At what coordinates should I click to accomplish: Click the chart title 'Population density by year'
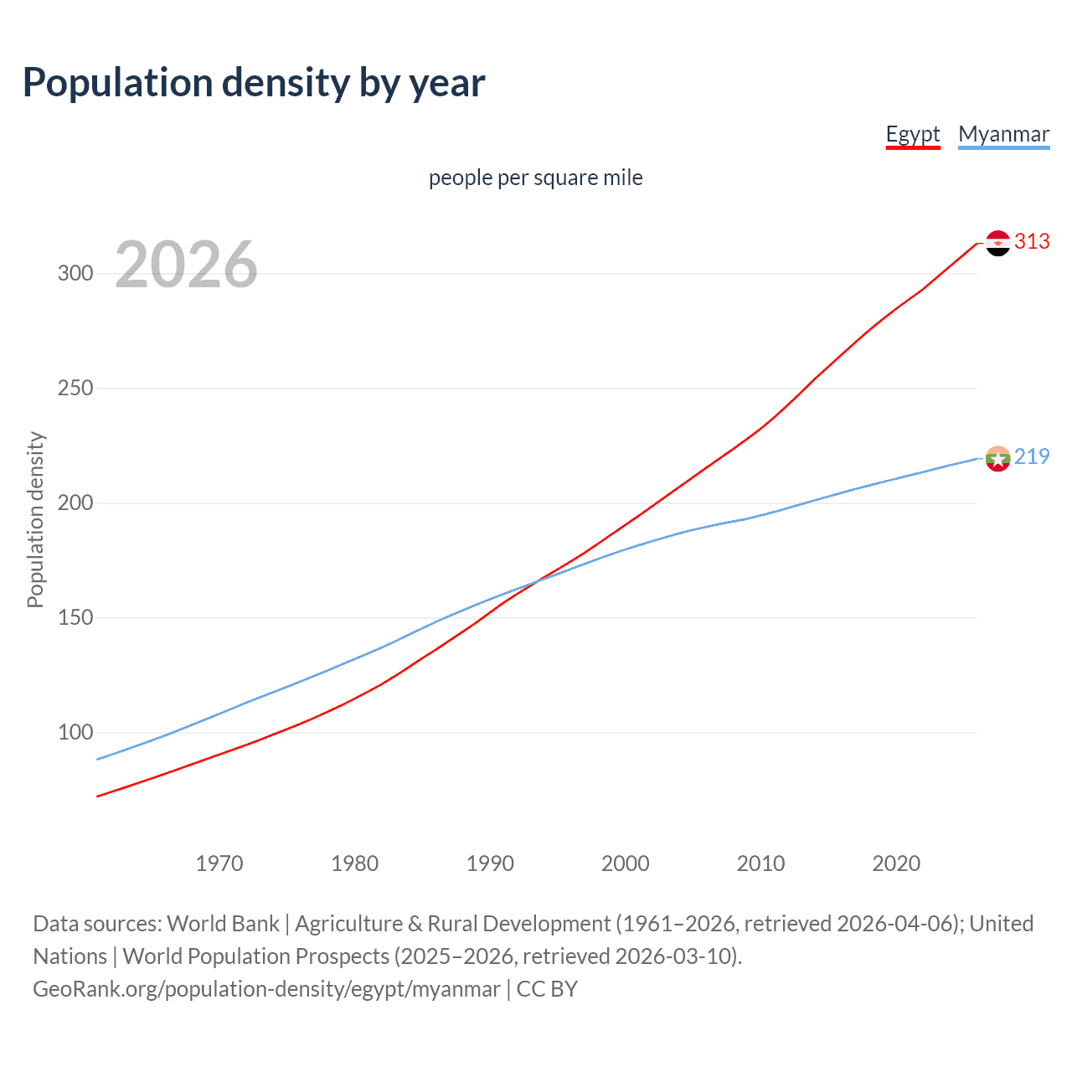point(254,83)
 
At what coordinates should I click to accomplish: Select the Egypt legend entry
point(913,134)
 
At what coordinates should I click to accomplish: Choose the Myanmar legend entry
point(1003,134)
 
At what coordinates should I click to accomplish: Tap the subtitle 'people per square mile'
point(535,178)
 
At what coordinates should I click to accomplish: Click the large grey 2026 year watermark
point(186,265)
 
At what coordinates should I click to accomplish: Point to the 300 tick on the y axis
point(75,274)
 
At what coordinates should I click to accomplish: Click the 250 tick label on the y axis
point(75,389)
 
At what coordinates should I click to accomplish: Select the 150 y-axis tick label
point(75,618)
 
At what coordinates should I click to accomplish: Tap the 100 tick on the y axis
point(75,733)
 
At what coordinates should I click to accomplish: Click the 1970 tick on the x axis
point(219,863)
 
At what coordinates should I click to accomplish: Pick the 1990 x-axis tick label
point(490,863)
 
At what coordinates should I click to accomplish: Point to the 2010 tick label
point(760,863)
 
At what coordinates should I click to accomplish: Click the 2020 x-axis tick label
point(896,863)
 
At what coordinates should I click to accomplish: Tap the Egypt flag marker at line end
point(997,243)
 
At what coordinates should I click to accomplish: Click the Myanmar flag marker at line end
point(997,458)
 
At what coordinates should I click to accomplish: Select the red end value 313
point(1032,242)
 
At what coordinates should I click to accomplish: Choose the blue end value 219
point(1032,456)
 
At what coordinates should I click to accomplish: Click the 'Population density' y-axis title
point(35,519)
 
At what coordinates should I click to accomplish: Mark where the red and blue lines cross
point(536,580)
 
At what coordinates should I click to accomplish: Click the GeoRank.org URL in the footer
point(266,989)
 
